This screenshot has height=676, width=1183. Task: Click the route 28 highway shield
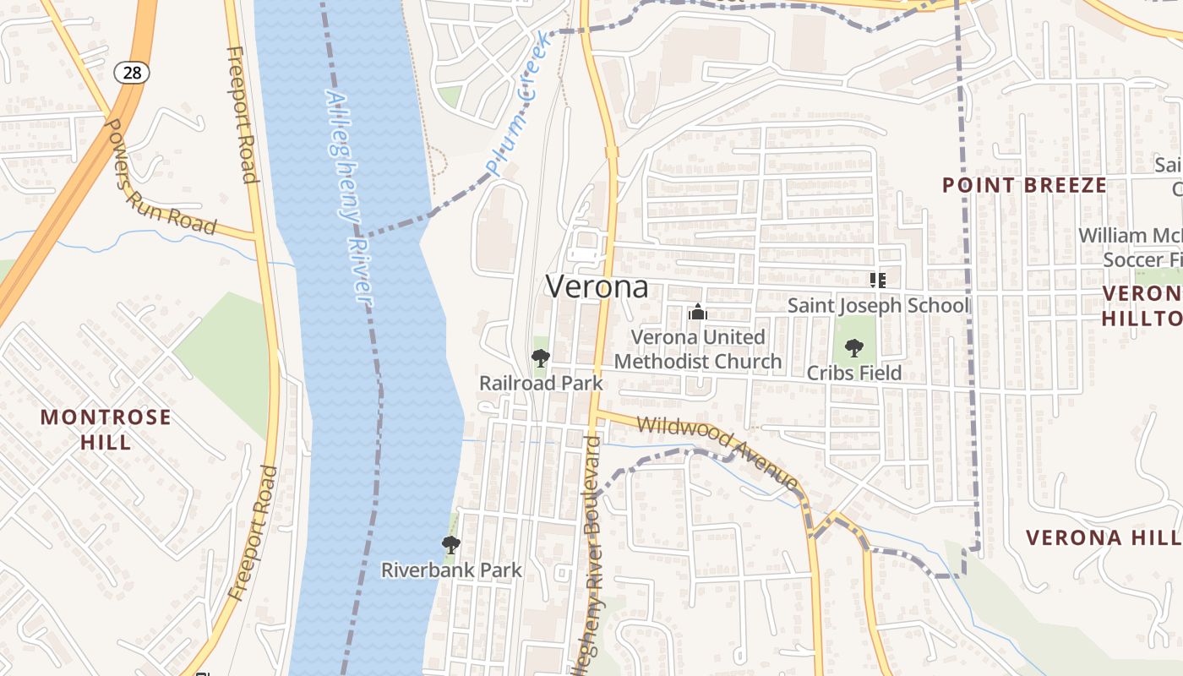click(x=132, y=73)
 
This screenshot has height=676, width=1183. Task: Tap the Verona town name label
click(x=597, y=287)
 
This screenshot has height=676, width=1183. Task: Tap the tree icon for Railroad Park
click(x=541, y=358)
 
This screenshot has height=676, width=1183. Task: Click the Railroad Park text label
click(x=541, y=383)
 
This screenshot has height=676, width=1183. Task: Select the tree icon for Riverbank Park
click(x=451, y=545)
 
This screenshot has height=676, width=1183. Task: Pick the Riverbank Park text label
click(x=451, y=570)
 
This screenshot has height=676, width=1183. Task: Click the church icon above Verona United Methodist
click(x=697, y=312)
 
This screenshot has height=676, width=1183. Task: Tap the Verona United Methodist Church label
click(x=698, y=350)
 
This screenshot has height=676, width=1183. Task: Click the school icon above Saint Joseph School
click(x=877, y=280)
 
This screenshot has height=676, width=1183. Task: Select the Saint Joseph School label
click(x=878, y=305)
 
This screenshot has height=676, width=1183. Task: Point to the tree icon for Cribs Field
click(x=854, y=347)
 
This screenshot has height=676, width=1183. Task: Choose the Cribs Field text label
click(x=854, y=373)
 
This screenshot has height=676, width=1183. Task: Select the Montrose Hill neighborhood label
click(x=106, y=429)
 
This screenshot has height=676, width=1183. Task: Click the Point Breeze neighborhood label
click(x=1024, y=185)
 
